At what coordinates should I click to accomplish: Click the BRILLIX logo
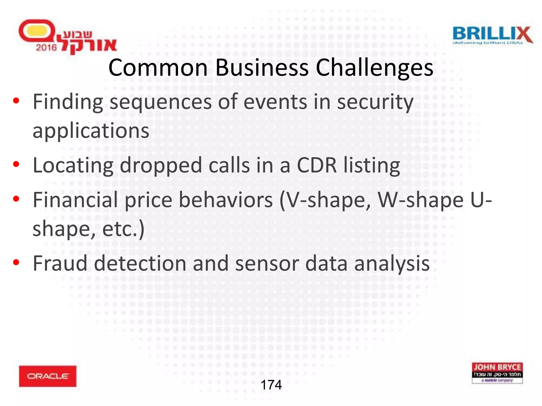tap(493, 35)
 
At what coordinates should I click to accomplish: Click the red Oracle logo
tap(48, 376)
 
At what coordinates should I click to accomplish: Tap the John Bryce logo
tap(497, 373)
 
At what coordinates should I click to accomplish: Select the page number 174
tap(271, 385)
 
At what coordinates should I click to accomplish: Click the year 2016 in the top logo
tap(46, 48)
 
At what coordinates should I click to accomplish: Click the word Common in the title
tap(158, 68)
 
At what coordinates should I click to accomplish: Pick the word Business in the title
tap(262, 68)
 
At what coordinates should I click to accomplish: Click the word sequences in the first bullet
tap(160, 103)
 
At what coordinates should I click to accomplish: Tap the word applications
tap(91, 131)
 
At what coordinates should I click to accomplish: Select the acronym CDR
tap(317, 165)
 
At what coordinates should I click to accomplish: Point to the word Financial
tap(75, 200)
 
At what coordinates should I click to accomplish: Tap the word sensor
tap(267, 264)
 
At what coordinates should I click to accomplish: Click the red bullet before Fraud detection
tap(16, 262)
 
